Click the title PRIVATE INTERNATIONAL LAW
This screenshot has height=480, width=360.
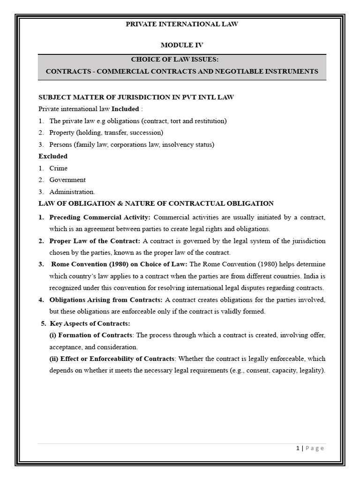click(182, 24)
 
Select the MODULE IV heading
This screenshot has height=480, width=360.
click(182, 45)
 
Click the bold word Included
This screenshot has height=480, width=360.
click(125, 109)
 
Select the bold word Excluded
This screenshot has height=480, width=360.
click(52, 156)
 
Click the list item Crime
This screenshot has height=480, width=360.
click(58, 168)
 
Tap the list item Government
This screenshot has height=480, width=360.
click(67, 180)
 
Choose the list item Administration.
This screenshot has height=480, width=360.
click(72, 191)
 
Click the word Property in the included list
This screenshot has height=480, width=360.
click(62, 132)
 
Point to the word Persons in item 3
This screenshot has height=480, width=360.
click(61, 144)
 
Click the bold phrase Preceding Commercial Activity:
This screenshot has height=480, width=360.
click(100, 217)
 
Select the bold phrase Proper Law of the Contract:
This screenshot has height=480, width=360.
click(95, 241)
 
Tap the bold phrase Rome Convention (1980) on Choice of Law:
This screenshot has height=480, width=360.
click(120, 264)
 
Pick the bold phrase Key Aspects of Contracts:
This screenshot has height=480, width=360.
click(90, 323)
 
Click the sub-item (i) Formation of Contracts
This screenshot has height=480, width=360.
click(91, 335)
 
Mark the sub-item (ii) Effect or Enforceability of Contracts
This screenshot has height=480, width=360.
click(112, 359)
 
